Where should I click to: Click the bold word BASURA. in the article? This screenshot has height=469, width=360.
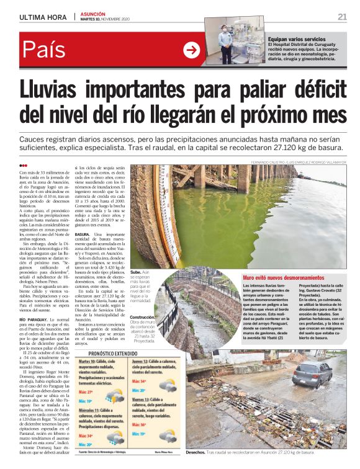pyautogui.click(x=83, y=234)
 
